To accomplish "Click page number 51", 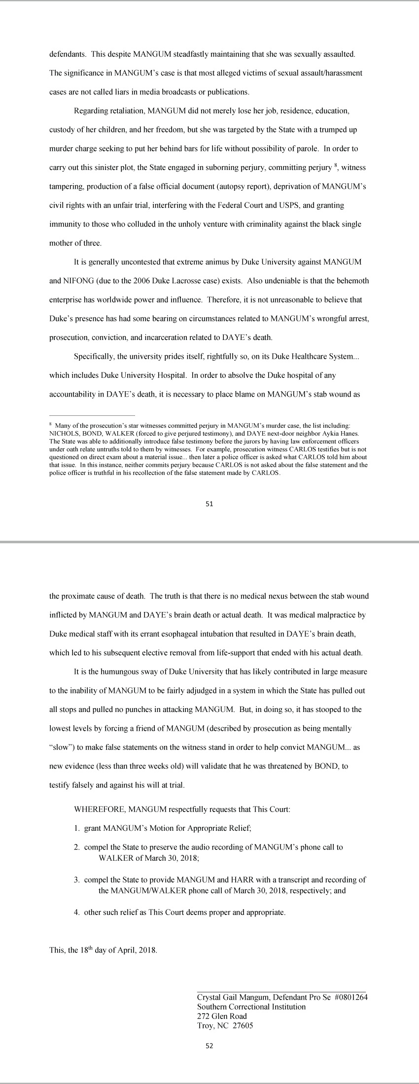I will click(x=209, y=504).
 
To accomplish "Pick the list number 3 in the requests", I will click(x=77, y=880).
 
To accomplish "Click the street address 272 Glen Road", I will click(x=222, y=1016).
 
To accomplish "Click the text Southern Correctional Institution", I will click(x=251, y=1007).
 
